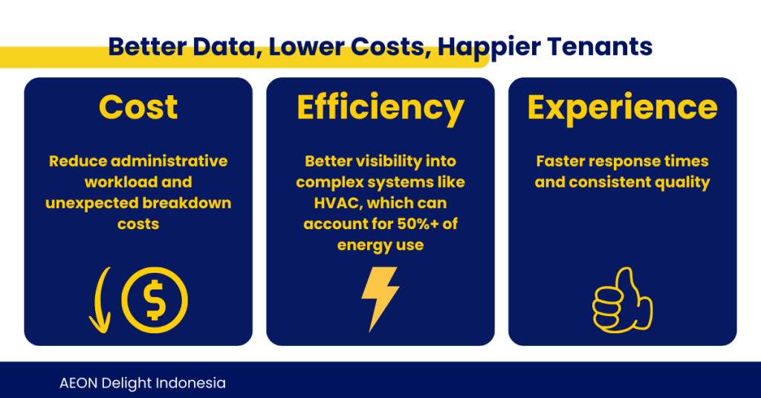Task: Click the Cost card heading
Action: point(138,107)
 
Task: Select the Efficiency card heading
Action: point(380,109)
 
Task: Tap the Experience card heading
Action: point(622,109)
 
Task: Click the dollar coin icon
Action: point(155,300)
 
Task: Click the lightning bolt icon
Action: point(380,299)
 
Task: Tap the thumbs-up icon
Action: point(622,300)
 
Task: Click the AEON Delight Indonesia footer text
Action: point(143,383)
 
